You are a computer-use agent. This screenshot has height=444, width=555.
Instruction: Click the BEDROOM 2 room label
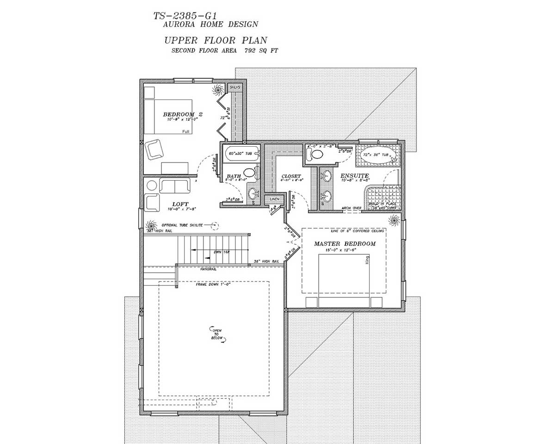tap(183, 114)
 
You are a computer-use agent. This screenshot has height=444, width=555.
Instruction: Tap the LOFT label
tap(180, 204)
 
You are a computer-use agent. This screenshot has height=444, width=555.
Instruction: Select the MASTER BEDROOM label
tap(345, 244)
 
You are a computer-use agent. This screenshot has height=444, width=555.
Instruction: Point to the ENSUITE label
tap(355, 176)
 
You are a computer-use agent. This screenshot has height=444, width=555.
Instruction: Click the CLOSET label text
tap(291, 176)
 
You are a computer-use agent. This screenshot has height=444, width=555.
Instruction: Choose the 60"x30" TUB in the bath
tap(240, 153)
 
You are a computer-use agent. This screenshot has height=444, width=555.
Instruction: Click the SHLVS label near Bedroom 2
tap(235, 87)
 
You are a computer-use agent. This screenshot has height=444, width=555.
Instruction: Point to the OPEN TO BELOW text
tap(217, 334)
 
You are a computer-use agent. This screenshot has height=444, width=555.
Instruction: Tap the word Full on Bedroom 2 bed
tap(186, 132)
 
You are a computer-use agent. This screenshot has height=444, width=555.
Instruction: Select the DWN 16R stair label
tap(221, 252)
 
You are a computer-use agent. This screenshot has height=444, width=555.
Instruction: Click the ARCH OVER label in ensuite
tap(351, 209)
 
